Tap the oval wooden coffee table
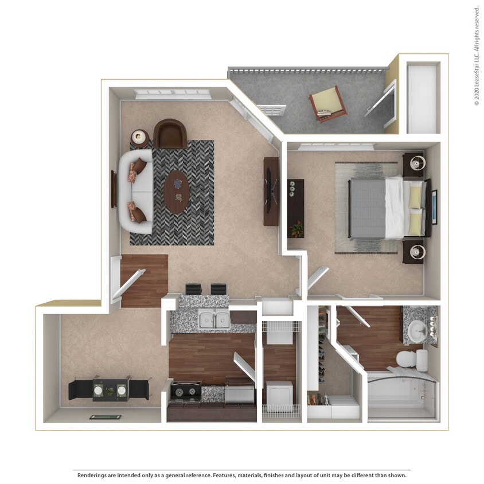coord(177,192)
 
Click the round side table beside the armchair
coord(139,137)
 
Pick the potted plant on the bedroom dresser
coord(296,229)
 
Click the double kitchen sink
coord(214,320)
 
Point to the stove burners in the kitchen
coord(184,393)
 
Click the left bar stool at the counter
coord(194,289)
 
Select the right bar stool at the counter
coord(218,289)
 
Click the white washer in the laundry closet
coord(280,394)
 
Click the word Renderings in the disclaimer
coord(92,475)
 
